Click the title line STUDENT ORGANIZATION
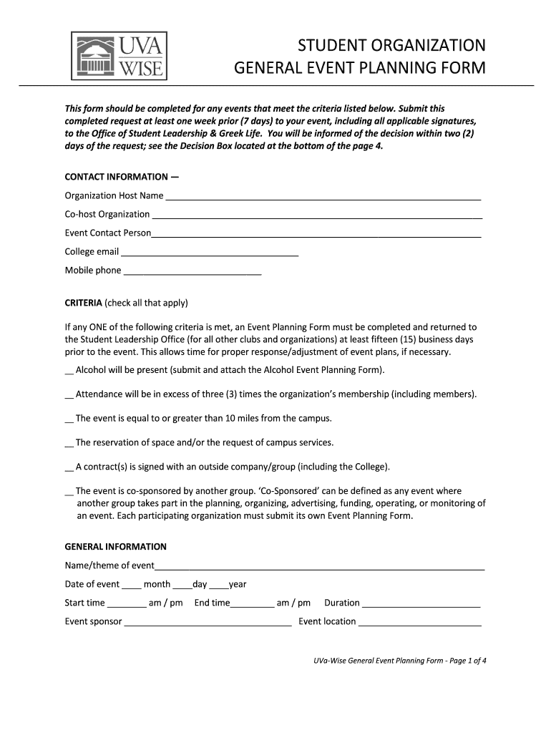[x=391, y=47]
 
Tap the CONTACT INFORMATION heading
[x=122, y=176]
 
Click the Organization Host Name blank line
[x=323, y=198]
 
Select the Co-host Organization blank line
[x=317, y=216]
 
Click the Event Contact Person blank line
[x=316, y=235]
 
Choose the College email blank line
[x=209, y=253]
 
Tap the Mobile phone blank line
[x=192, y=272]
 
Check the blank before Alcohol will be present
[x=69, y=372]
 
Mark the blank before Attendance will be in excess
[x=69, y=396]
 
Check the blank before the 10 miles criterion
[x=69, y=419]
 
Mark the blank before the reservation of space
[x=69, y=444]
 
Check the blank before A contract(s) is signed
[x=69, y=469]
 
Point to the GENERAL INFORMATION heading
[x=115, y=547]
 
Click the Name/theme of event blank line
[x=320, y=568]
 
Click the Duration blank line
[x=421, y=605]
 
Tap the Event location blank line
[x=420, y=623]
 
